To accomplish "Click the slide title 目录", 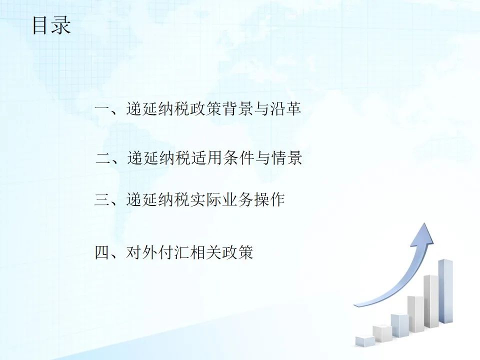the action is pos(51,25).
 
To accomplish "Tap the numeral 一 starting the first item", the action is pos(102,108).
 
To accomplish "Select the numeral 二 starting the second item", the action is pos(103,158).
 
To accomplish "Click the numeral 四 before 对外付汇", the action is pos(102,253).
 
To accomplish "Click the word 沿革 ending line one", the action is pos(285,108).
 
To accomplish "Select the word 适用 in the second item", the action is pos(207,158).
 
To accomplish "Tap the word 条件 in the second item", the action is pos(239,158).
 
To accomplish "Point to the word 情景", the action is pos(286,158).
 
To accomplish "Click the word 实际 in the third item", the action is pos(205,200).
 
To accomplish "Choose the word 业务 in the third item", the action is pos(237,200).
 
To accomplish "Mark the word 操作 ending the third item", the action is pos(269,200).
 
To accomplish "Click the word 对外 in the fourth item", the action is pos(142,253).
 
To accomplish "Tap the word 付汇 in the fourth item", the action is pos(174,253).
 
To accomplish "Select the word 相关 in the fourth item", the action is pos(205,253).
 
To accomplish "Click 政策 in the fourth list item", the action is pos(237,253).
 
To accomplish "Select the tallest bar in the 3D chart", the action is pos(445,291).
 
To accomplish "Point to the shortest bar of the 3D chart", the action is pos(365,341).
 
